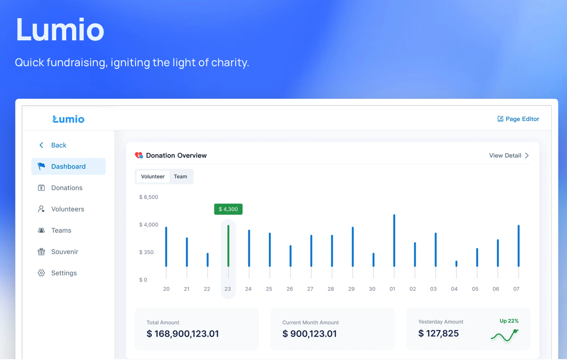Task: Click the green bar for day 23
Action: [228, 246]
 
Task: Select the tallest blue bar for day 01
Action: [394, 240]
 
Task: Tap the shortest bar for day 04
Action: [456, 263]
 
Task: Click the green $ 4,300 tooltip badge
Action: [228, 209]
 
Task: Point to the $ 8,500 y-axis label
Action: [149, 197]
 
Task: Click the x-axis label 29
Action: [351, 289]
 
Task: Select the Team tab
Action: [180, 176]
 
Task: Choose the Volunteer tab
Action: [153, 176]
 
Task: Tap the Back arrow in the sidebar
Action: [41, 145]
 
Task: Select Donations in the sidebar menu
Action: [67, 188]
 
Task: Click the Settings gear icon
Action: [41, 273]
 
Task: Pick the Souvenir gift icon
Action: [41, 252]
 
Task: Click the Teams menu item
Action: [61, 230]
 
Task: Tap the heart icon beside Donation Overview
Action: [139, 156]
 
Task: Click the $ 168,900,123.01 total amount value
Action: [183, 334]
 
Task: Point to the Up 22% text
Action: [509, 321]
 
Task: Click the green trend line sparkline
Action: [504, 336]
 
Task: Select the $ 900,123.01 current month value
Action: [310, 334]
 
